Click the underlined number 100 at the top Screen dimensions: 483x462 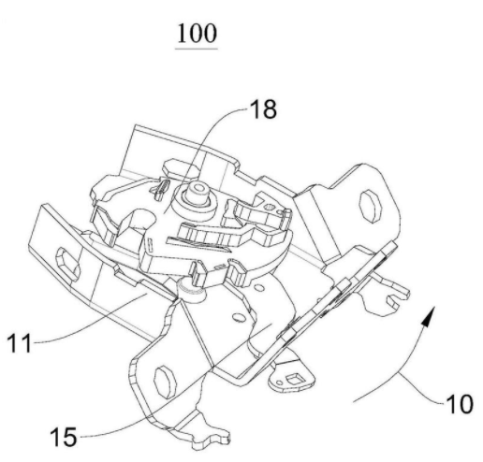click(197, 34)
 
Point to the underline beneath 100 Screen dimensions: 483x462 click(197, 49)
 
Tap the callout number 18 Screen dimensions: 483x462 click(263, 109)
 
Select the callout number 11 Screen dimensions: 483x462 click(20, 343)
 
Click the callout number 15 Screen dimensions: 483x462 click(64, 437)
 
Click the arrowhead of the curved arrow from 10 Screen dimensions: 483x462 click(430, 315)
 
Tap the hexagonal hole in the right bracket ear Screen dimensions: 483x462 click(371, 206)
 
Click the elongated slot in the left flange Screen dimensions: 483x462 click(67, 264)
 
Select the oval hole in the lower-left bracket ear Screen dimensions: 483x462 click(165, 383)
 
